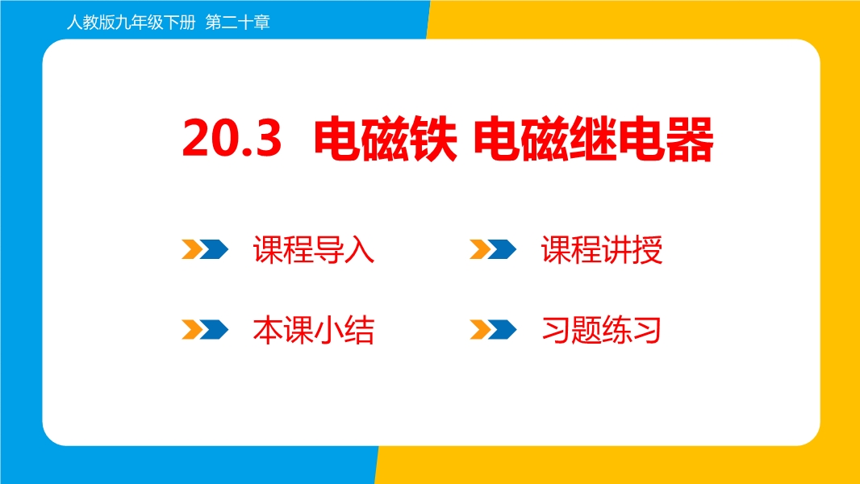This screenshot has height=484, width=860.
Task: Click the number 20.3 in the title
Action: [x=232, y=138]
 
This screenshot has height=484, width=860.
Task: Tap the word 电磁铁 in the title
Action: [x=386, y=139]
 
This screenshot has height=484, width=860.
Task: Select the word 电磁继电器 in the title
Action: [x=594, y=139]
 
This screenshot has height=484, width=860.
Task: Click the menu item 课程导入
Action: [x=314, y=249]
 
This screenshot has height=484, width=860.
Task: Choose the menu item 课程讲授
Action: [x=602, y=249]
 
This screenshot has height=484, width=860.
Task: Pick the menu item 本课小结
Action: [x=314, y=330]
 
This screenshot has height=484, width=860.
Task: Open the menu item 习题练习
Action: [x=601, y=330]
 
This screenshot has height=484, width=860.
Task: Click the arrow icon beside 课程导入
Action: [x=205, y=249]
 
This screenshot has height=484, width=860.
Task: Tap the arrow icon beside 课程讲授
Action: [x=493, y=249]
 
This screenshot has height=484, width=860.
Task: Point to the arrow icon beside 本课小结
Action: [x=205, y=330]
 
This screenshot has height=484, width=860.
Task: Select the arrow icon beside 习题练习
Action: [x=493, y=330]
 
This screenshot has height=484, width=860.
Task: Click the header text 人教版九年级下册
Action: [x=131, y=23]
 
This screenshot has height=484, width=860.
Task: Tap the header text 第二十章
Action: [x=237, y=23]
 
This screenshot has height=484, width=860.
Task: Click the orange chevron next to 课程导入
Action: [x=193, y=249]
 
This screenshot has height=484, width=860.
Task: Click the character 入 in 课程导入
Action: [x=360, y=250]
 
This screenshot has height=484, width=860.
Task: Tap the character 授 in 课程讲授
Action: [x=648, y=250]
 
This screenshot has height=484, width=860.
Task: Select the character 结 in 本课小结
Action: [x=360, y=331]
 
